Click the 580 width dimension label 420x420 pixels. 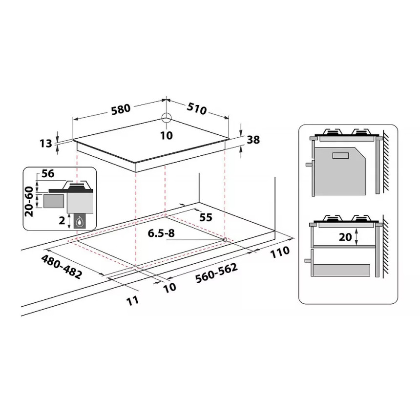121,109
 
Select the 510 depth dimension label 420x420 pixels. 197,108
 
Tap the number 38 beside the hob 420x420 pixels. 253,140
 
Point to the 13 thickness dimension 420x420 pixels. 46,144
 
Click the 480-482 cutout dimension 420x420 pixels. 62,267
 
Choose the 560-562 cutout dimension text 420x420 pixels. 216,273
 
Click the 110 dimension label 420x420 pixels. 280,252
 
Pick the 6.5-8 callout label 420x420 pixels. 161,233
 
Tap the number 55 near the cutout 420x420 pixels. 206,217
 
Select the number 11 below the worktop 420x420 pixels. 132,300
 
